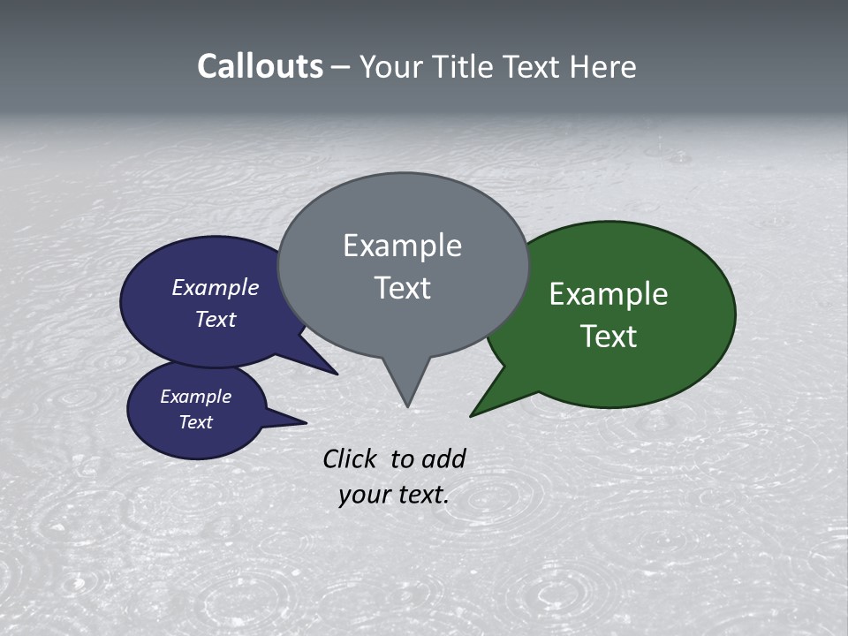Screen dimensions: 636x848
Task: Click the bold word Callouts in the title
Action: [260, 66]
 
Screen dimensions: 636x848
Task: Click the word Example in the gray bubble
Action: [402, 246]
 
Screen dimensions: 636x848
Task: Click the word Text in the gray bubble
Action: [402, 288]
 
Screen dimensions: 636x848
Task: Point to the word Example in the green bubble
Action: [609, 293]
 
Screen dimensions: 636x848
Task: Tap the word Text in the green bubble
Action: [609, 336]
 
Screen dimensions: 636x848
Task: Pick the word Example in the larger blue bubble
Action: [216, 287]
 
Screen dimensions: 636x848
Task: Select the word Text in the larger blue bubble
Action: [216, 319]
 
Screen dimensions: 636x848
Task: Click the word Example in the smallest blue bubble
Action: [195, 397]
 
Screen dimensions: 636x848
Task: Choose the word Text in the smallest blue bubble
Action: [195, 422]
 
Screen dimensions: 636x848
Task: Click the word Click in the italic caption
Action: [350, 458]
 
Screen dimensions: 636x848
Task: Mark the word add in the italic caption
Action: [443, 458]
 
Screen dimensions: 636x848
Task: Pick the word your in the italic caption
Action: [365, 495]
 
